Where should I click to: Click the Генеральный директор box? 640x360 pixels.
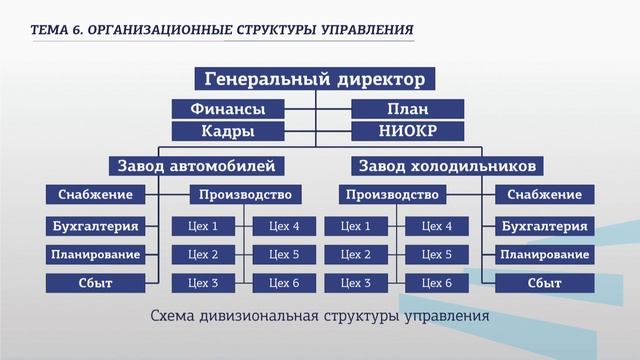[315, 79]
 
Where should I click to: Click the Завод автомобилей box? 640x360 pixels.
[196, 165]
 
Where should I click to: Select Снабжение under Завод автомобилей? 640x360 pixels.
[94, 194]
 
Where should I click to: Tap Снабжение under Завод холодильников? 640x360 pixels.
[544, 194]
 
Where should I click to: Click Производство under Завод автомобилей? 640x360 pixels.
[245, 194]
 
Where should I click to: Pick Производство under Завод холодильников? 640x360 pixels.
[393, 194]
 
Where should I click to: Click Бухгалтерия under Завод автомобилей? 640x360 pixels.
[94, 226]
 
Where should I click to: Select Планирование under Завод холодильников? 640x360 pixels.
[544, 254]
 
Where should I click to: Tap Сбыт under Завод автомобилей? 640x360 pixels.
[94, 283]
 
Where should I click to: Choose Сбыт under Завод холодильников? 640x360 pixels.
[544, 283]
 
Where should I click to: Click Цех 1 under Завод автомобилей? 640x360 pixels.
[203, 226]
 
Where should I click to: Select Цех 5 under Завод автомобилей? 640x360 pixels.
[284, 254]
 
